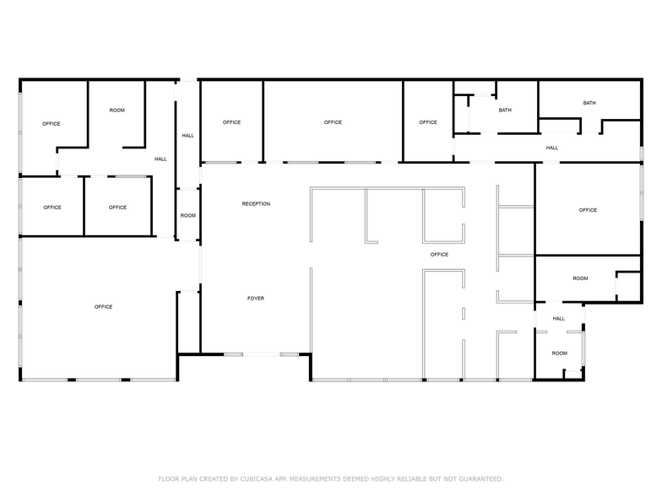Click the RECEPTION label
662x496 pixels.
point(256,204)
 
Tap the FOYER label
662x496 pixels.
point(256,299)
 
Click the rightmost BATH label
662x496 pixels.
point(589,103)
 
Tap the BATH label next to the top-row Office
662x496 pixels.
point(505,111)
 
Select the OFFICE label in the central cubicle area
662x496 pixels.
point(439,255)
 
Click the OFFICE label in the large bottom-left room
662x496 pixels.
point(104,307)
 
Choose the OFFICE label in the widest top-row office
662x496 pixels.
point(333,122)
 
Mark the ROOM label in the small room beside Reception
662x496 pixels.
point(187,216)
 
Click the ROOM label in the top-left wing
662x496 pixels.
point(117,111)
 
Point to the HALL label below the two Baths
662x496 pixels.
point(552,148)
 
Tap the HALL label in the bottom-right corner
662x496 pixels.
point(559,319)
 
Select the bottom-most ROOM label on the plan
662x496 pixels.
point(560,353)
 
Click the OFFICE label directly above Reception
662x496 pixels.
point(231,122)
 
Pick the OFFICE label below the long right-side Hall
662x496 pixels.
point(588,210)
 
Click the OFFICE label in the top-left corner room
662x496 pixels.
point(52,124)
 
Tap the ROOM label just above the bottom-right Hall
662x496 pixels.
point(580,278)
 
